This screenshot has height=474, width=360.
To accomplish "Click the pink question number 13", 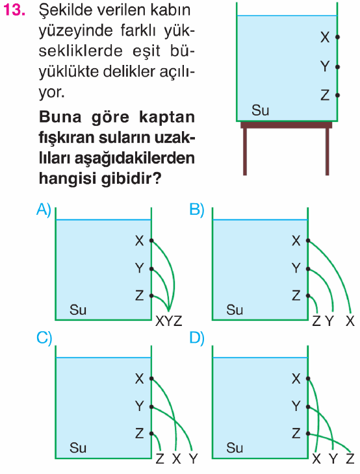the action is pos(14,10).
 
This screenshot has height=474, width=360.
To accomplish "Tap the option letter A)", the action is pos(44,210).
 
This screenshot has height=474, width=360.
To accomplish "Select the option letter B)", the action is pos(197,210).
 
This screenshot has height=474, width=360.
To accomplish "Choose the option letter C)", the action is pos(44,338).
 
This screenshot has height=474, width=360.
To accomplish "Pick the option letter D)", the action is pos(197,338).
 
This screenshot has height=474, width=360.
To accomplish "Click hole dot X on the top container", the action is pos(337,37).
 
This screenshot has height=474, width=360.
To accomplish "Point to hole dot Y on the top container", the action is pos(337,67).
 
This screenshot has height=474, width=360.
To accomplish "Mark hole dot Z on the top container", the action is pos(337,95).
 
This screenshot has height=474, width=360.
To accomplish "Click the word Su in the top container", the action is pos(260,110).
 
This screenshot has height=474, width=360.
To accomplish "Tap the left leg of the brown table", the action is pos(245,151).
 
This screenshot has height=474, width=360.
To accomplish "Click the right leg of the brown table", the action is pos(327,151).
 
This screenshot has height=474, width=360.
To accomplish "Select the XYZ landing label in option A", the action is pos(169,321).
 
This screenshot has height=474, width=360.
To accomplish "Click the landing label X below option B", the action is pos(350,321).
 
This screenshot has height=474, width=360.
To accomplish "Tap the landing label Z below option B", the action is pos(316,321).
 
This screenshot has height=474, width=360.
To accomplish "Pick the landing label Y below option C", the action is pos(193,459).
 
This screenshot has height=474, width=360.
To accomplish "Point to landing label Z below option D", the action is pos(350,459).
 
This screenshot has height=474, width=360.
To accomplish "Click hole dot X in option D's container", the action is pos(308,379).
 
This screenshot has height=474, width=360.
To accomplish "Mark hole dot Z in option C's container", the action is pos(151,434).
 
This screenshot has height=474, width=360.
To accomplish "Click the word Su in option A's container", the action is pos(78,310).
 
